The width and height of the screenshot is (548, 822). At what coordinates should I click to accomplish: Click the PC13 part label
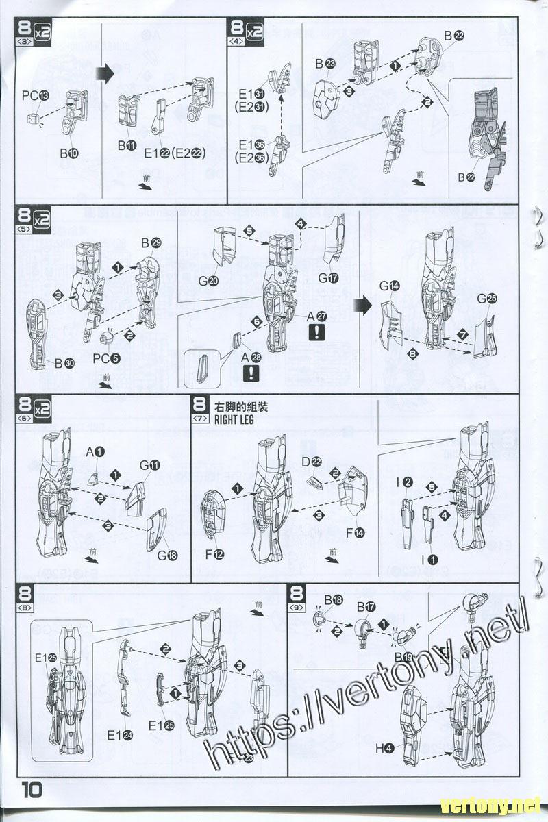click(x=35, y=97)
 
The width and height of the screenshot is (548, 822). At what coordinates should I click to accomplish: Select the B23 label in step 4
click(x=325, y=64)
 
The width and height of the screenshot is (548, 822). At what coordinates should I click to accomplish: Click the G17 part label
click(x=329, y=278)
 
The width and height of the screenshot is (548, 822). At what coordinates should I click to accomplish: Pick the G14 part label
click(x=390, y=285)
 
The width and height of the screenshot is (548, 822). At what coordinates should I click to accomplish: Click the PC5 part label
click(x=106, y=357)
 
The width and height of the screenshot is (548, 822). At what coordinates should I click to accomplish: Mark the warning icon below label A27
click(x=317, y=332)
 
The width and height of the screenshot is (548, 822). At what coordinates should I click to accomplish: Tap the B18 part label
click(x=334, y=599)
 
